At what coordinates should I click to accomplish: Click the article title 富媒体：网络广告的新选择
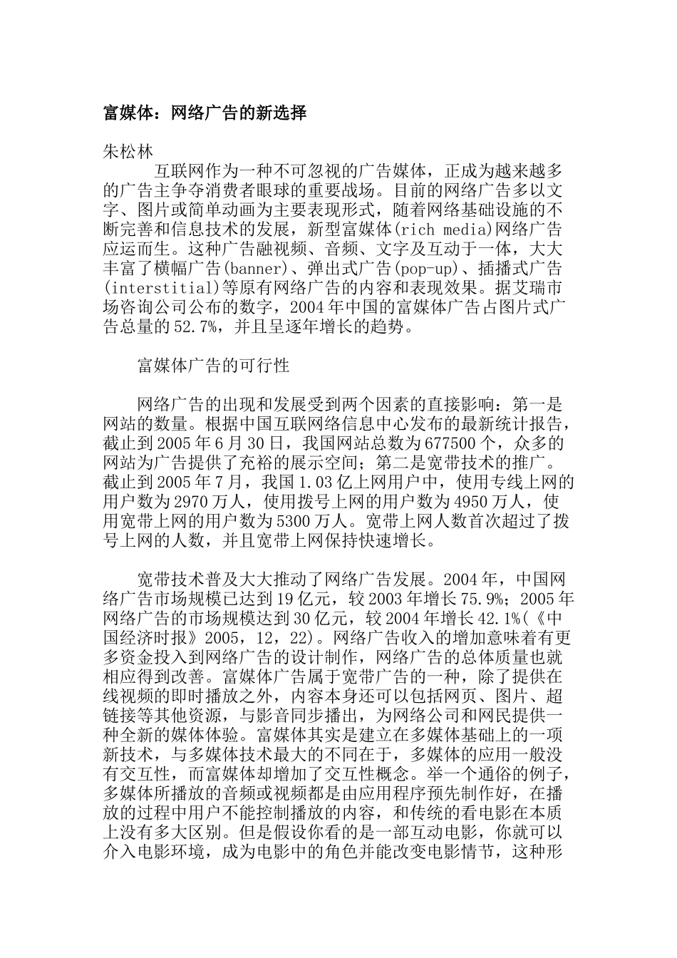(x=205, y=113)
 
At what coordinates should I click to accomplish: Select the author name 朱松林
(x=129, y=151)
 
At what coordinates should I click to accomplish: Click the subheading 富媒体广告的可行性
(x=213, y=366)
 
